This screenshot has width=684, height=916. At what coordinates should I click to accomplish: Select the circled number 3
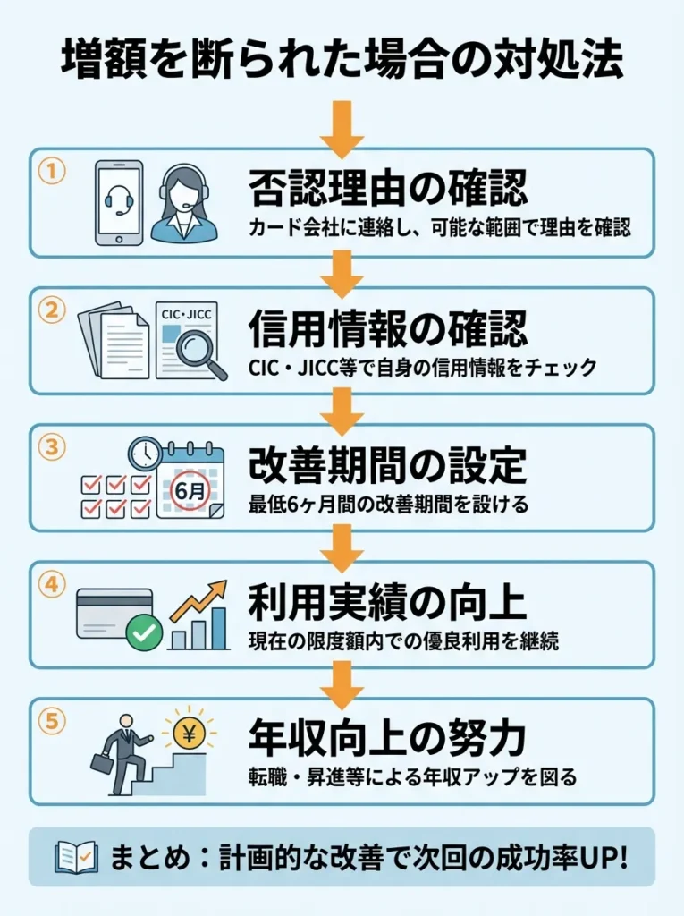tap(52, 446)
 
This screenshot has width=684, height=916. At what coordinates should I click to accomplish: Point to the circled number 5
tap(52, 721)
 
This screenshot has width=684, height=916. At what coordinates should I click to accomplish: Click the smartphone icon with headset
tap(119, 203)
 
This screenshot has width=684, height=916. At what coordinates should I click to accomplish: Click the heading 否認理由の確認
tap(387, 188)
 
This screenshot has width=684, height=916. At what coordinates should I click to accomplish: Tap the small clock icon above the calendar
tap(143, 453)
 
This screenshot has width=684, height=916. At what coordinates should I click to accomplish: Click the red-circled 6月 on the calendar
tap(188, 490)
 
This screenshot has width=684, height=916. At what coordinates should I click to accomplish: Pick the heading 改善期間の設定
tap(387, 465)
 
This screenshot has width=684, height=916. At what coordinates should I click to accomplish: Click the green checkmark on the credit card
tap(144, 634)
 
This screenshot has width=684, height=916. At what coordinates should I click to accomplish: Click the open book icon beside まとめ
tap(76, 857)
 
